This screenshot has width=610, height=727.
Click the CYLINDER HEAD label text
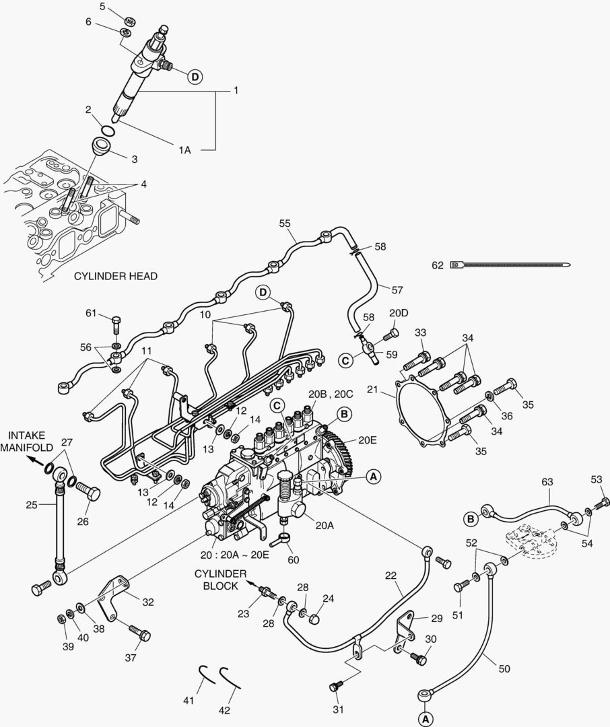click(x=115, y=276)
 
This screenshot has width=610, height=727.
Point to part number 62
click(x=438, y=266)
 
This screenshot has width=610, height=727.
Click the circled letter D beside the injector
click(x=195, y=77)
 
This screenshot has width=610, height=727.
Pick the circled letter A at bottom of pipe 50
click(x=424, y=719)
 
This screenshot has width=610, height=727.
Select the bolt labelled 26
click(x=88, y=492)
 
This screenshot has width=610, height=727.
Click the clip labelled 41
click(x=207, y=673)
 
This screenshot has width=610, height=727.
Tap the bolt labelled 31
click(x=335, y=685)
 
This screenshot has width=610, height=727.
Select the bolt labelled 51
click(x=461, y=586)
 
